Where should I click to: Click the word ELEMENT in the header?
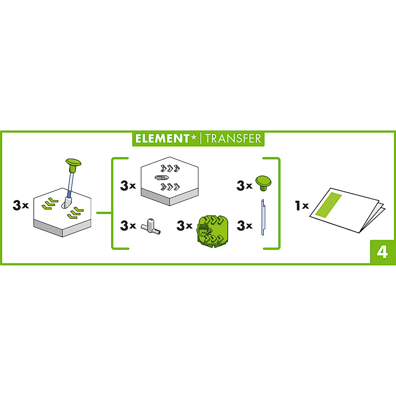pos(162,138)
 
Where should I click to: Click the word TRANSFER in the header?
pos(233,138)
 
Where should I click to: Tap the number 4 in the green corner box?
pos(382,252)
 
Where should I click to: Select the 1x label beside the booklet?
pos(302,206)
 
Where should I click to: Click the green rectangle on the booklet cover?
pos(329,205)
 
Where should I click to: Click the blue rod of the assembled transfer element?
pos(71,185)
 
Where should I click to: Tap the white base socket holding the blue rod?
pos(67,202)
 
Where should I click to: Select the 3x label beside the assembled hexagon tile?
pos(21,205)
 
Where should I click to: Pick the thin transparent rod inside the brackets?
pos(263,217)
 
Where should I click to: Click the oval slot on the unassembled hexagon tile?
pos(162,177)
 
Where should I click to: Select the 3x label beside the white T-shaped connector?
pos(128,225)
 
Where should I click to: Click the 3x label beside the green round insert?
pos(185,225)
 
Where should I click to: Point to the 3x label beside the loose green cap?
pos(244,185)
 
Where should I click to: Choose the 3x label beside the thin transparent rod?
pos(244,225)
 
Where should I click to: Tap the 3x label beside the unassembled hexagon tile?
pos(128,185)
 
